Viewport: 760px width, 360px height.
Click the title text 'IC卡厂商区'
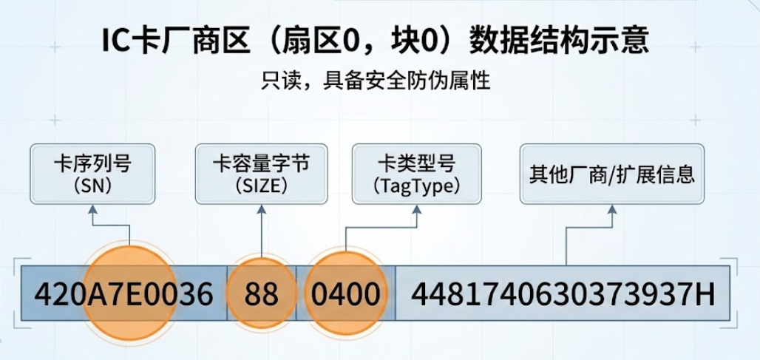(x=177, y=41)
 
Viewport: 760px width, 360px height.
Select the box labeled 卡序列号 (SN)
(x=92, y=174)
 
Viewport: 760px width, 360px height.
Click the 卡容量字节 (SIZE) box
(x=261, y=174)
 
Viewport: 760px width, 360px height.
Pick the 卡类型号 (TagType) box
(x=416, y=174)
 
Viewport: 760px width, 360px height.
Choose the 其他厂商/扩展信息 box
(x=611, y=174)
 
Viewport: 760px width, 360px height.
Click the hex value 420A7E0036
(x=123, y=294)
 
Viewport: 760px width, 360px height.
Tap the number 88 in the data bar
(x=261, y=294)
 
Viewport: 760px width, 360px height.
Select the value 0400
(x=345, y=294)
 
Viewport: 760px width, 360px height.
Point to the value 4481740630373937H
(x=562, y=294)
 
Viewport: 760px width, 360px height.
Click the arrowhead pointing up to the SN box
(x=92, y=210)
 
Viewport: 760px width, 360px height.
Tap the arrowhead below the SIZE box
(x=261, y=210)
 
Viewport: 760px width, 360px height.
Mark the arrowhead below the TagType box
(x=416, y=210)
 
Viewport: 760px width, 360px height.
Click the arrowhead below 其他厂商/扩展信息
(x=611, y=210)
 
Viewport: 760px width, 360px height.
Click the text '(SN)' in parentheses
(x=92, y=186)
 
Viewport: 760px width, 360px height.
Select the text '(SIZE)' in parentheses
(x=261, y=186)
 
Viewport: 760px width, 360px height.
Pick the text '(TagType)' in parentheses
(x=416, y=186)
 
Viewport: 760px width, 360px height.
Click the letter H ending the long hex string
(x=705, y=294)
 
